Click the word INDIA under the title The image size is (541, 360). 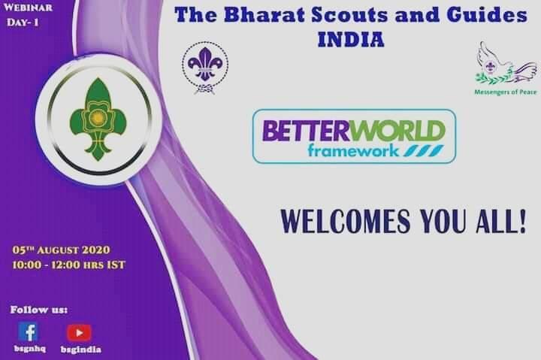(x=352, y=38)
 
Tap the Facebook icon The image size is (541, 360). (x=28, y=331)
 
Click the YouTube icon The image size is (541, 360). (x=78, y=332)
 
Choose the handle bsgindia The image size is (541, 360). (x=80, y=349)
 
